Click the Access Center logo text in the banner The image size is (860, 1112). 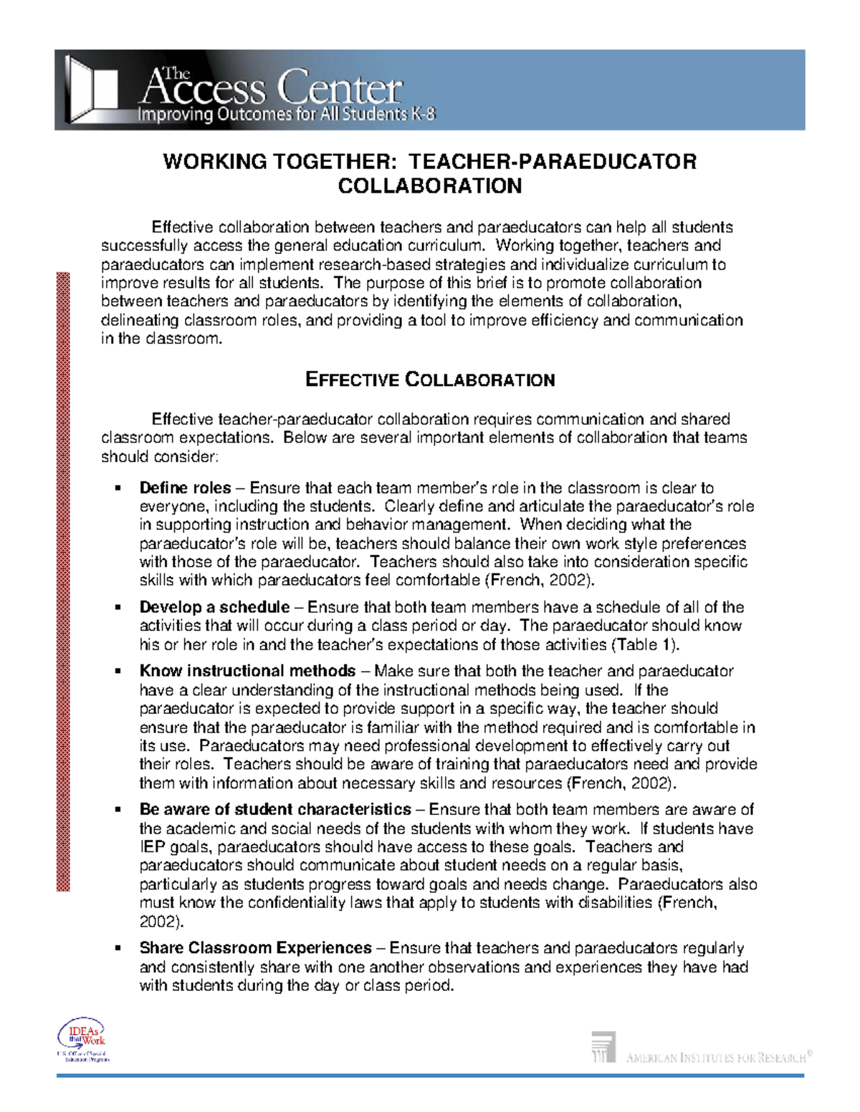pos(272,87)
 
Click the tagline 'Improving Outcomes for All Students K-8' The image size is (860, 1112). pos(286,115)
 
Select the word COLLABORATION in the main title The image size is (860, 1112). pos(429,186)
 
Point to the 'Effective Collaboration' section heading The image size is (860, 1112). pos(429,379)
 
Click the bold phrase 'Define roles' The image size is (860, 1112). pos(185,488)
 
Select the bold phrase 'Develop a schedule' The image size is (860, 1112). pos(214,607)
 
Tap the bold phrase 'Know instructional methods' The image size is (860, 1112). pos(247,671)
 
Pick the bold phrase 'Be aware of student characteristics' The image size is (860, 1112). pos(275,810)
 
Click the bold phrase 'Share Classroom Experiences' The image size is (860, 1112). pos(255,948)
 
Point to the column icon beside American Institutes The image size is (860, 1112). pos(603,1046)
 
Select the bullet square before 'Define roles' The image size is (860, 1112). pos(118,489)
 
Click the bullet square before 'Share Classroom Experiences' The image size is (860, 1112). pos(118,949)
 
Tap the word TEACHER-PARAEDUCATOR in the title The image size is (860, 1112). pos(552,162)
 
